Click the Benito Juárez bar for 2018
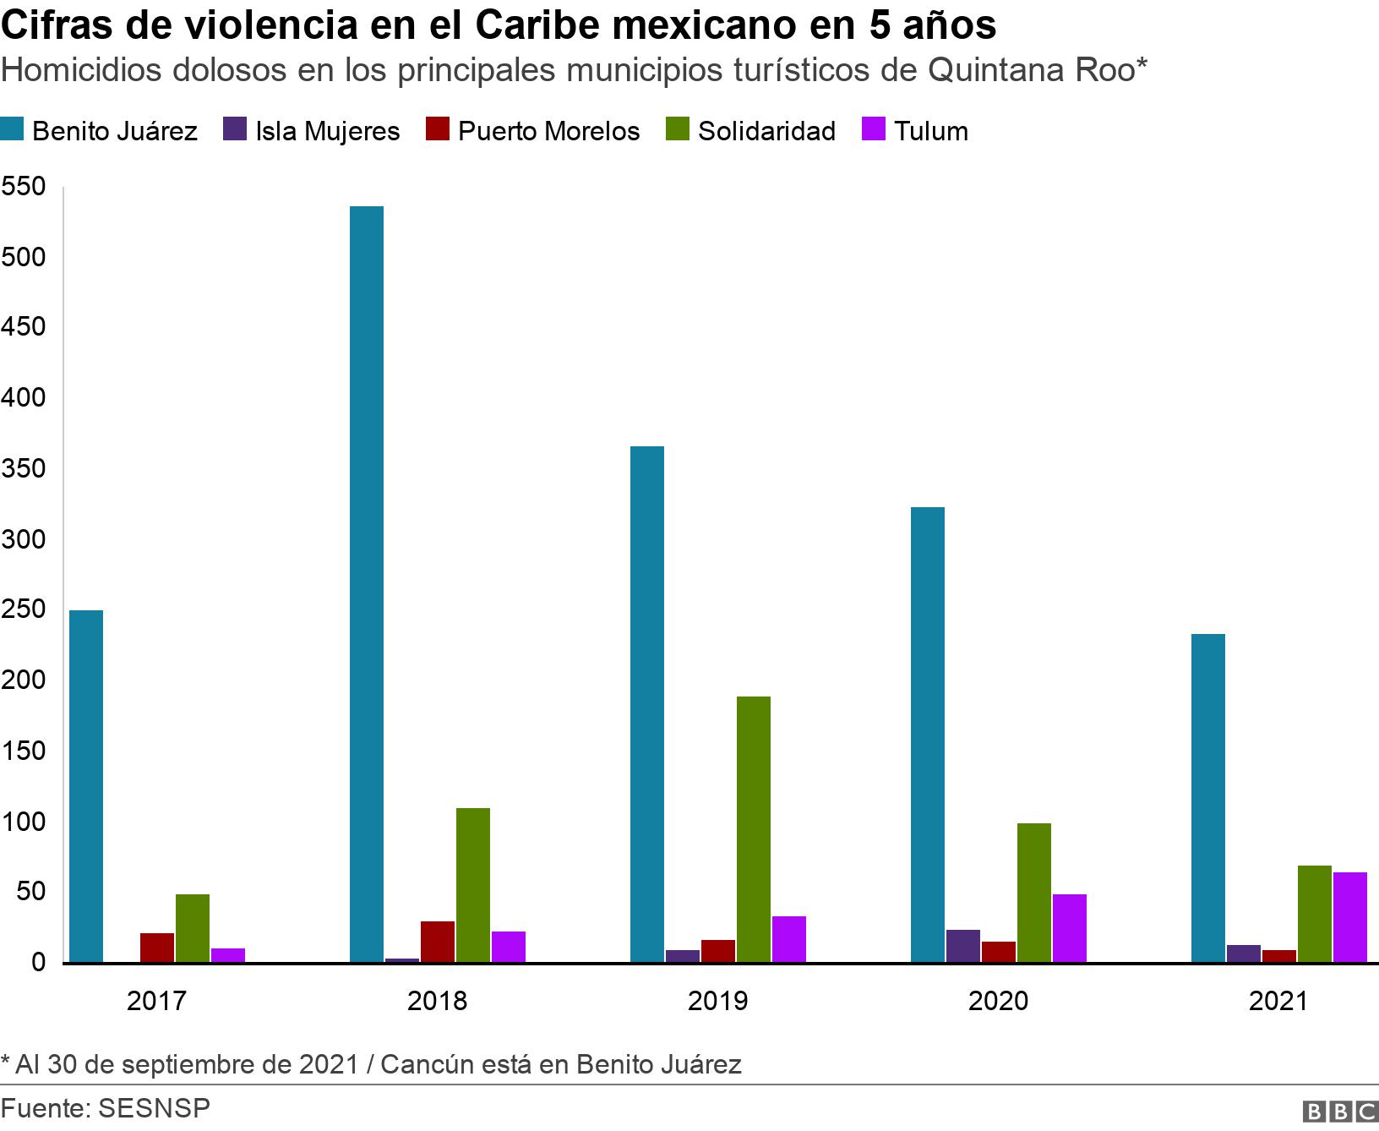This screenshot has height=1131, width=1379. (367, 583)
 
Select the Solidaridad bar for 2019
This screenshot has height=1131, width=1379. (753, 828)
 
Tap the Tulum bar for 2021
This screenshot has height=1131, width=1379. (1349, 917)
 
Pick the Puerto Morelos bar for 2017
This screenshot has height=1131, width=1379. (157, 948)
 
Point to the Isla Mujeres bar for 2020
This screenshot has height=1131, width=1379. (963, 946)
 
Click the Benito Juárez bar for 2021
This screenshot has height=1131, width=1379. (1208, 798)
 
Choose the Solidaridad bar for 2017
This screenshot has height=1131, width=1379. (193, 928)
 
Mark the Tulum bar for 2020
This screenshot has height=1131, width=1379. (1070, 928)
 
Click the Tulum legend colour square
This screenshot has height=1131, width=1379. (873, 130)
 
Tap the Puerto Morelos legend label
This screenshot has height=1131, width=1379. (548, 131)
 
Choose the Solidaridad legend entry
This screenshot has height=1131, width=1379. (766, 131)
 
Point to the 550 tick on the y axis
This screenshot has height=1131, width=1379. (23, 187)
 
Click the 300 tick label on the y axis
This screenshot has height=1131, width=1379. (23, 539)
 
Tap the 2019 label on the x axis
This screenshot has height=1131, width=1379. (717, 1002)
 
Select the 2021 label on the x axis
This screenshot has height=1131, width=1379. (1278, 1002)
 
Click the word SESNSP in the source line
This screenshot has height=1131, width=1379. (154, 1108)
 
